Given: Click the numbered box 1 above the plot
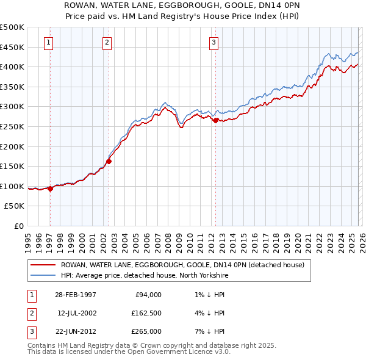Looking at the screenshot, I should (49, 42).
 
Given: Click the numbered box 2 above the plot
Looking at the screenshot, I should (107, 42).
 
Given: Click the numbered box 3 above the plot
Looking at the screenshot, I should (214, 42).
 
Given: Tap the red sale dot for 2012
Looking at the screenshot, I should (215, 121).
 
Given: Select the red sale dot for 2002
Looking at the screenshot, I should (109, 162).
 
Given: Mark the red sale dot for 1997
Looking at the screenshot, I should (50, 189).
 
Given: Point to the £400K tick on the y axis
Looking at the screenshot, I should (13, 67).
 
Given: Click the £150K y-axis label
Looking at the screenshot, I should (13, 166).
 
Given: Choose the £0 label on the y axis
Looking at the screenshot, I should (18, 226).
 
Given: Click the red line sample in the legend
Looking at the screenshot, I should (43, 265).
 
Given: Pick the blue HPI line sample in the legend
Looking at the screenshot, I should (43, 275).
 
